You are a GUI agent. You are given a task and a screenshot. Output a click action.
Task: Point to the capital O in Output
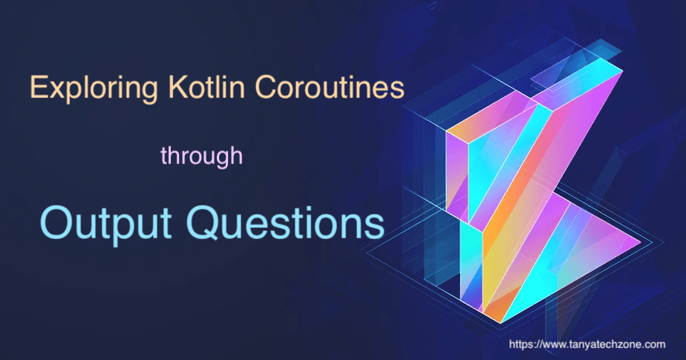[55, 222]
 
